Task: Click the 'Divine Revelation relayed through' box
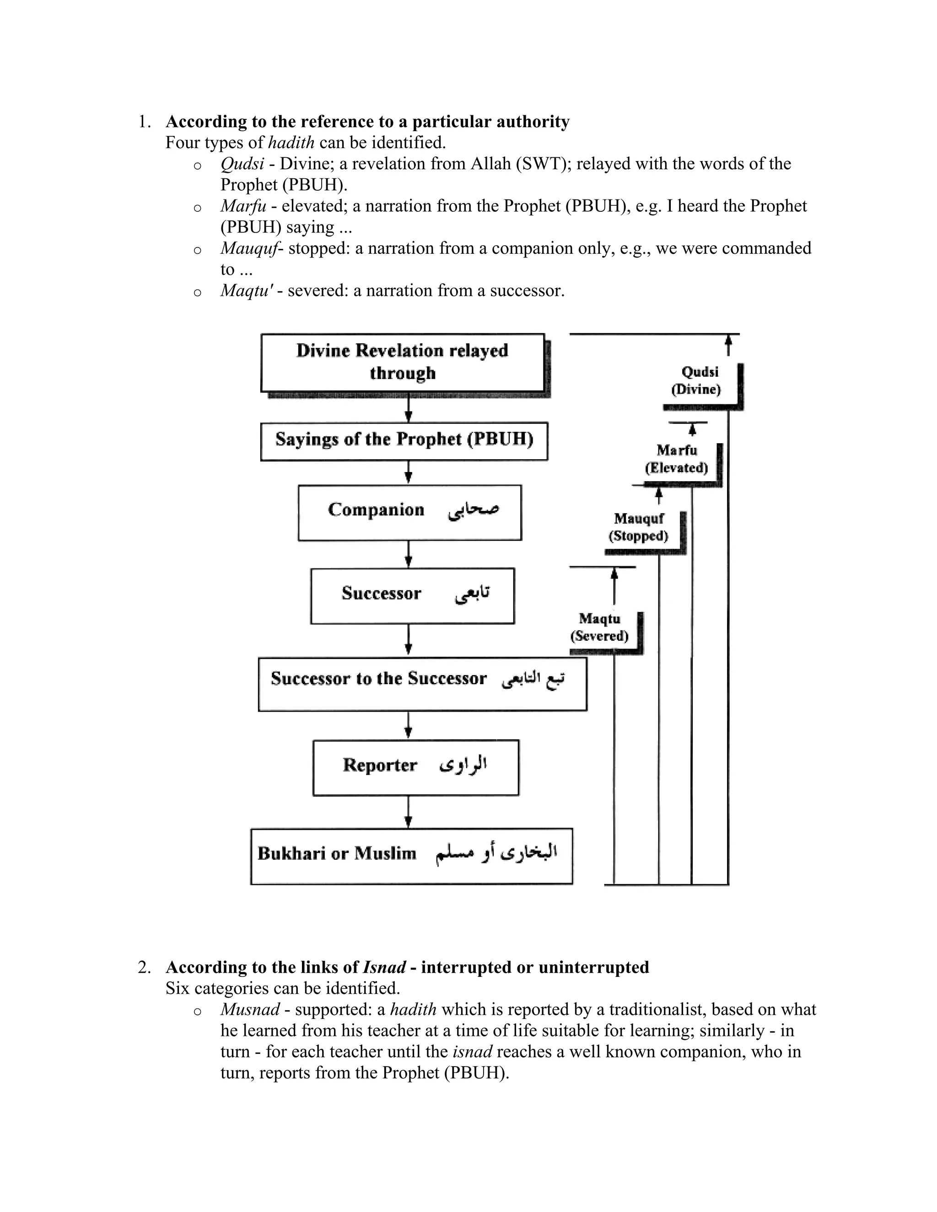pyautogui.click(x=403, y=362)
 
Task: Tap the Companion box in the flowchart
pyautogui.click(x=409, y=512)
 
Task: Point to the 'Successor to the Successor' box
pyautogui.click(x=422, y=683)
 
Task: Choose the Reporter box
pyautogui.click(x=416, y=767)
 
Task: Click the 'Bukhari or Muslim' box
pyautogui.click(x=411, y=856)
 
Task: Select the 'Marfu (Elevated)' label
pyautogui.click(x=677, y=459)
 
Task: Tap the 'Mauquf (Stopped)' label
pyautogui.click(x=639, y=527)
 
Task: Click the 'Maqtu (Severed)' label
pyautogui.click(x=599, y=627)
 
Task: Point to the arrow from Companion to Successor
pyautogui.click(x=409, y=554)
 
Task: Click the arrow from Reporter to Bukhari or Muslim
pyautogui.click(x=409, y=811)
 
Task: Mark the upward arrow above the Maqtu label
pyautogui.click(x=614, y=585)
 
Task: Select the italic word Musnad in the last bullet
pyautogui.click(x=250, y=1009)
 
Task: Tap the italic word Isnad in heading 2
pyautogui.click(x=384, y=967)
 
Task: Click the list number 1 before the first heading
pyautogui.click(x=143, y=122)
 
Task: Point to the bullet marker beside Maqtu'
pyautogui.click(x=197, y=292)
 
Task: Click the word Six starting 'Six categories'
pyautogui.click(x=178, y=988)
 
